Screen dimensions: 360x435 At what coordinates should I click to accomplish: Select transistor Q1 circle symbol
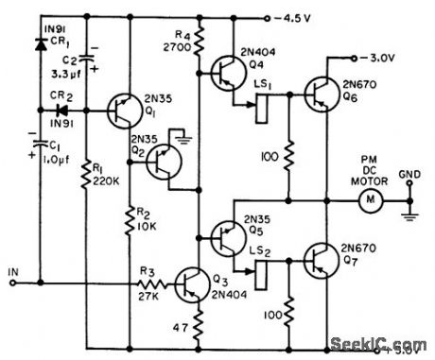[x=125, y=111]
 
